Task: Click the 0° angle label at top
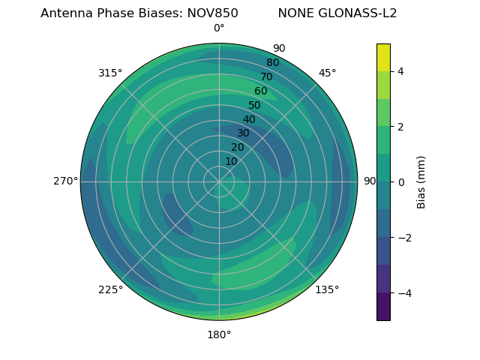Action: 219,28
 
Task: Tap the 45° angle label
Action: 327,73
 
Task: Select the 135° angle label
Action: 327,289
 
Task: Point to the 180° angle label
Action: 219,334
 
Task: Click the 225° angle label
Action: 110,289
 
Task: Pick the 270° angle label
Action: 65,181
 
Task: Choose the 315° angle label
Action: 110,73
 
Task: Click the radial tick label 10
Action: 231,161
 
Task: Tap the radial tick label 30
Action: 243,133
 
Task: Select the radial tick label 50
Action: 255,106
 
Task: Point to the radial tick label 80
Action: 273,63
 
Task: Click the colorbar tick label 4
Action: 400,71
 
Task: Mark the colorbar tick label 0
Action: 400,182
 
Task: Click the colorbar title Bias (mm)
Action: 421,181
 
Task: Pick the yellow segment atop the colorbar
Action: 383,57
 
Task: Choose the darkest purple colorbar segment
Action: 383,307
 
